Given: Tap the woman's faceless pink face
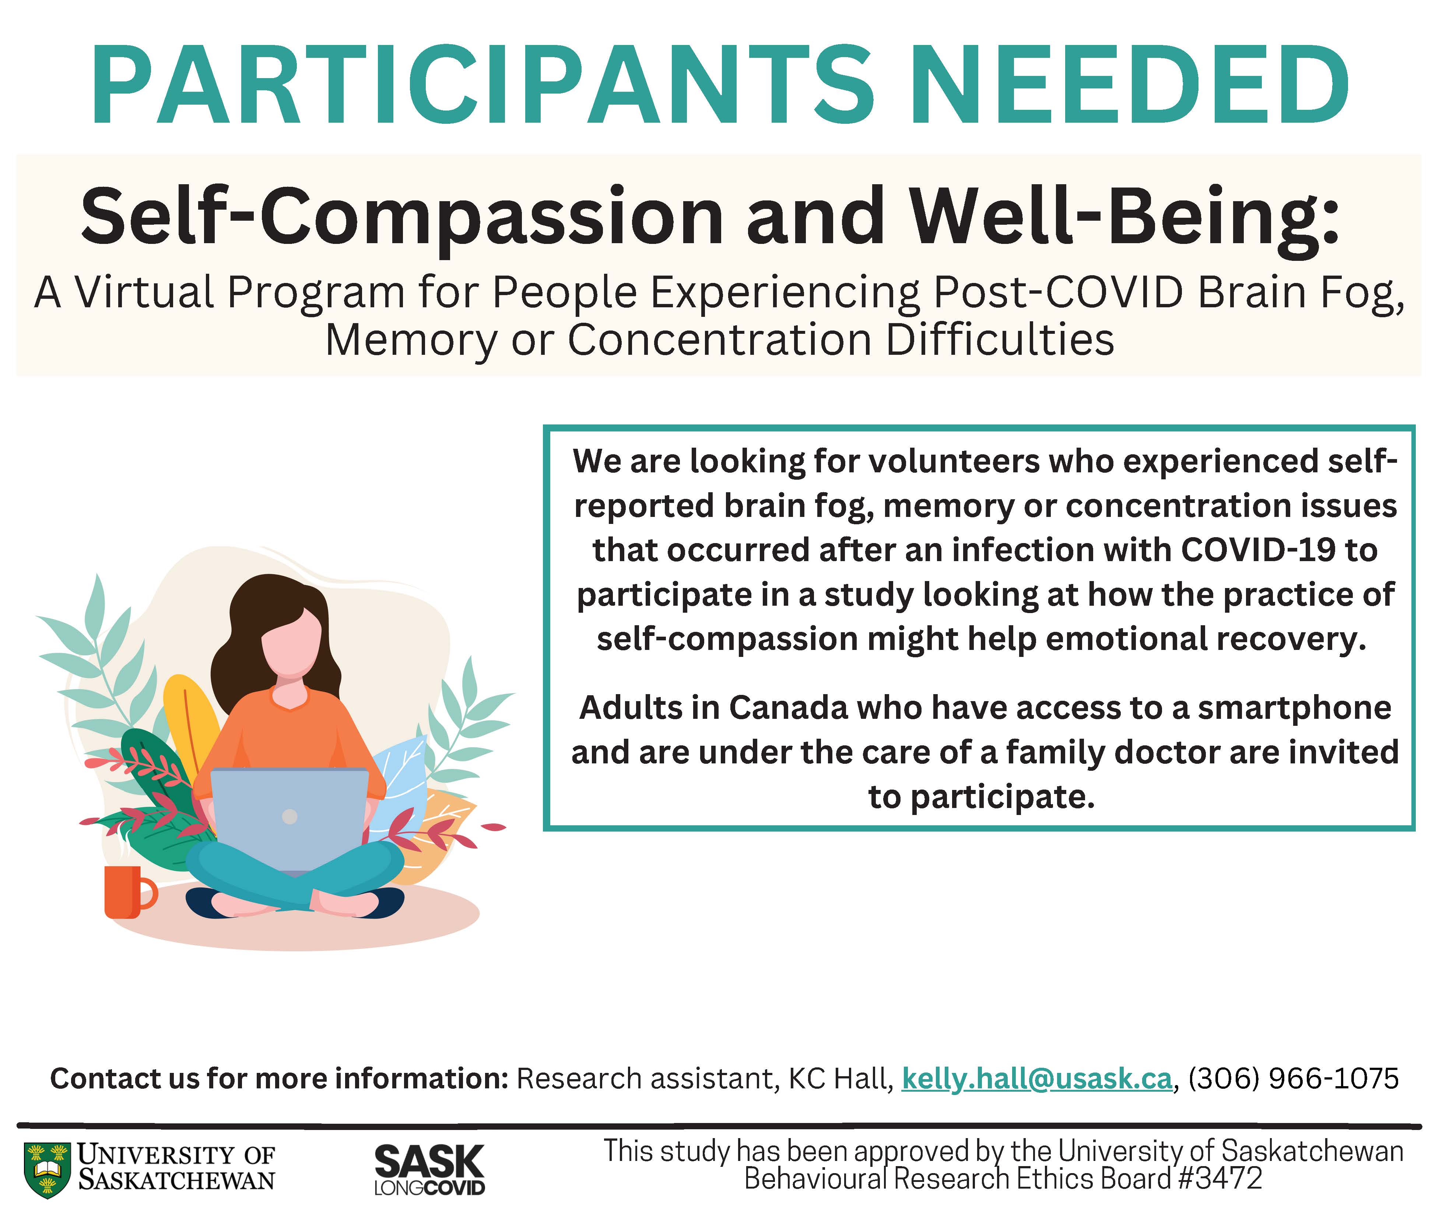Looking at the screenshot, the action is coord(291,642).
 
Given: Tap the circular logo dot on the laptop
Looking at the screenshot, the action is coord(290,816).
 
